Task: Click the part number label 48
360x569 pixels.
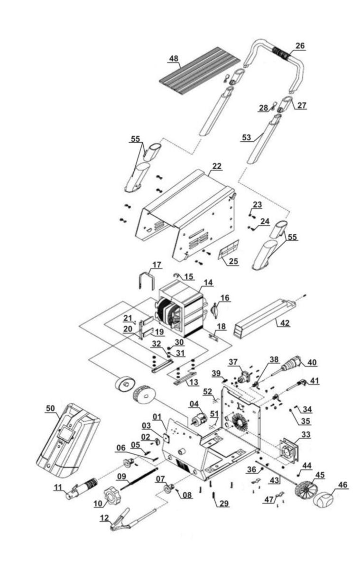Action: [x=174, y=58]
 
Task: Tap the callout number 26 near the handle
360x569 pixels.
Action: [x=300, y=46]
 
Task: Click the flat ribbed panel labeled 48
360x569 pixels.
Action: [x=200, y=71]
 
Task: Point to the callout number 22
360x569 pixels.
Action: [x=217, y=166]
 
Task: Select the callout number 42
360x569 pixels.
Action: [x=285, y=322]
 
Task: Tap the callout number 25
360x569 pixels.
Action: [x=234, y=261]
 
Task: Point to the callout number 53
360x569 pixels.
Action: [x=246, y=138]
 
